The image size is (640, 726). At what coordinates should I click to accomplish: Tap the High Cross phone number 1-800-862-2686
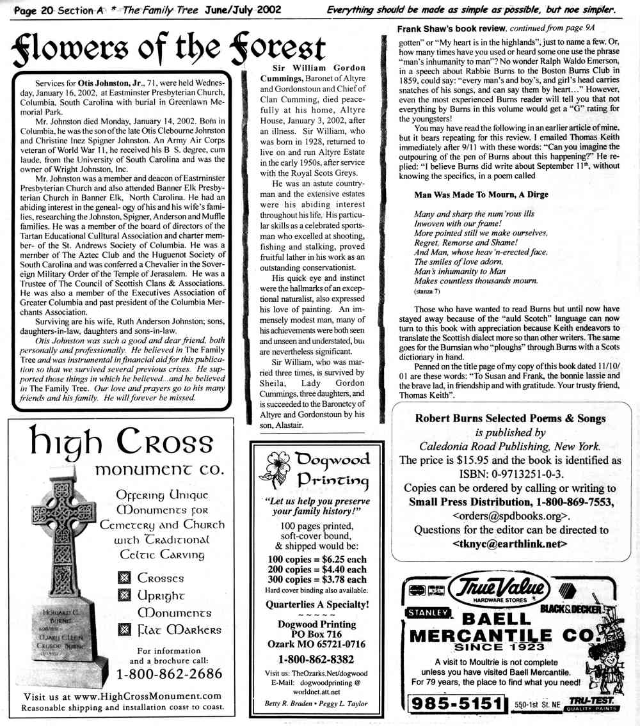coord(169,675)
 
